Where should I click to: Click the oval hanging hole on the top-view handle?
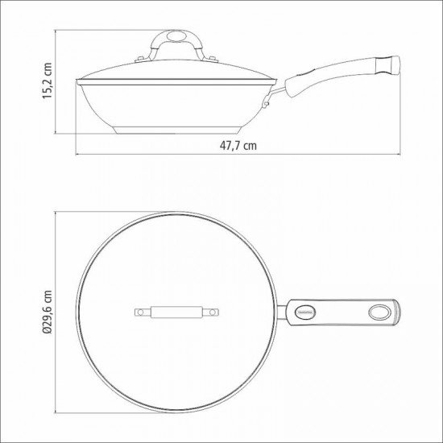coord(378,311)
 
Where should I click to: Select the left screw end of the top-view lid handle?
coord(139,311)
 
